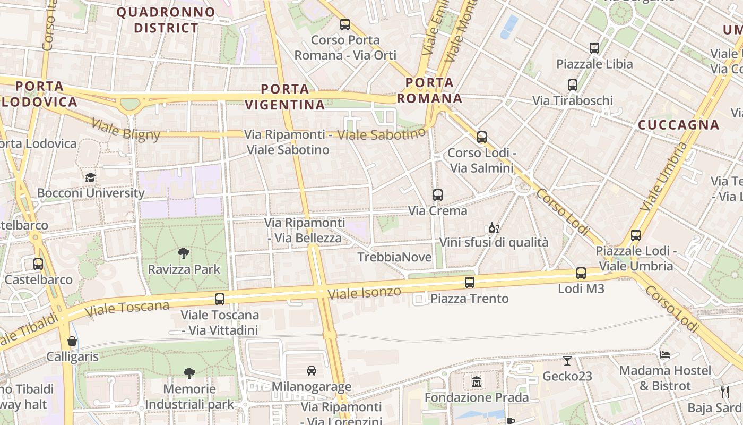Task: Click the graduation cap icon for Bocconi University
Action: click(x=91, y=177)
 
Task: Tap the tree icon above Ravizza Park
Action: click(x=184, y=253)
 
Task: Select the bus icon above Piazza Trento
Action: click(x=470, y=283)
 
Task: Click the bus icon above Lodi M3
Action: click(x=581, y=273)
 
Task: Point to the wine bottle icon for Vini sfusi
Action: click(x=494, y=227)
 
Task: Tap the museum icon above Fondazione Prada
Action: click(x=476, y=381)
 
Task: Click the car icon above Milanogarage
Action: click(x=312, y=371)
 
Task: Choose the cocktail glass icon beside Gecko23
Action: click(x=567, y=361)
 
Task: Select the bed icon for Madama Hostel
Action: click(x=665, y=354)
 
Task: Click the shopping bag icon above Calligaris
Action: click(x=72, y=341)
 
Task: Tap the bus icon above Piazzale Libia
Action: click(x=594, y=48)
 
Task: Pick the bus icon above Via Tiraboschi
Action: click(x=572, y=84)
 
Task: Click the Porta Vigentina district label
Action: click(x=285, y=97)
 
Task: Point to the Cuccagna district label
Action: click(x=678, y=125)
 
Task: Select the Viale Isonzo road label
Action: click(x=364, y=292)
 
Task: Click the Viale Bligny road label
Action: click(x=125, y=130)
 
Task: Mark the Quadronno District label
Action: click(x=166, y=20)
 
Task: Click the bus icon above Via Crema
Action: click(x=437, y=194)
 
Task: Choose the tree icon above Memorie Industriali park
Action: click(x=189, y=373)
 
